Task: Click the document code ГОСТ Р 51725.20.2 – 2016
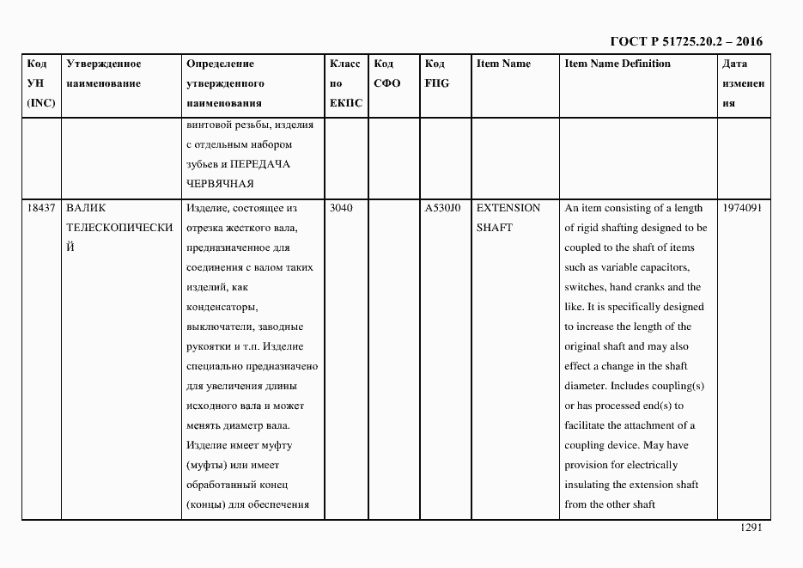click(685, 41)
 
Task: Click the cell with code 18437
click(40, 208)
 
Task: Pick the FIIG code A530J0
click(442, 208)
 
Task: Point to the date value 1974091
click(743, 208)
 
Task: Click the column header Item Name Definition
click(617, 64)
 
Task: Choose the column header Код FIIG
click(436, 74)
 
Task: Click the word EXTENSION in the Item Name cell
click(508, 208)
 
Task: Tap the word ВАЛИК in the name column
click(85, 208)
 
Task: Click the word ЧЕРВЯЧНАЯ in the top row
click(220, 184)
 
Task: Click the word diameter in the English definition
click(586, 386)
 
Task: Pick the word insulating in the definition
click(588, 485)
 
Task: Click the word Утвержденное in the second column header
click(104, 64)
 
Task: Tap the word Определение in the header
click(220, 64)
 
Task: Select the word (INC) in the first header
click(40, 103)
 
